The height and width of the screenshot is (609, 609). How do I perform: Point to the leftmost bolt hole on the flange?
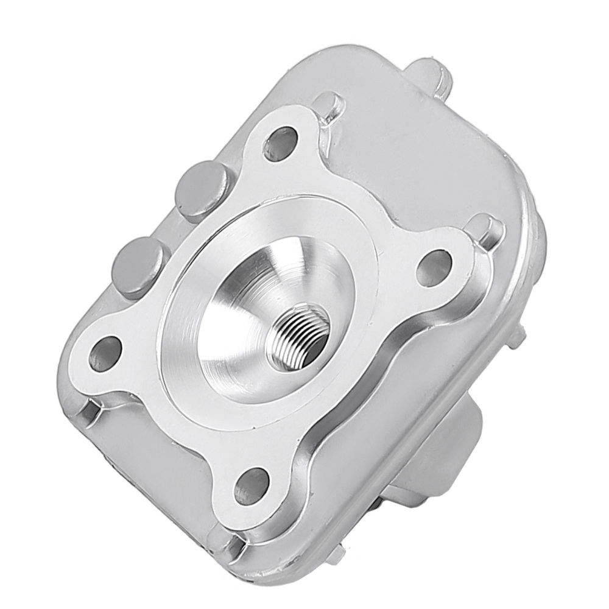coord(105,353)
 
